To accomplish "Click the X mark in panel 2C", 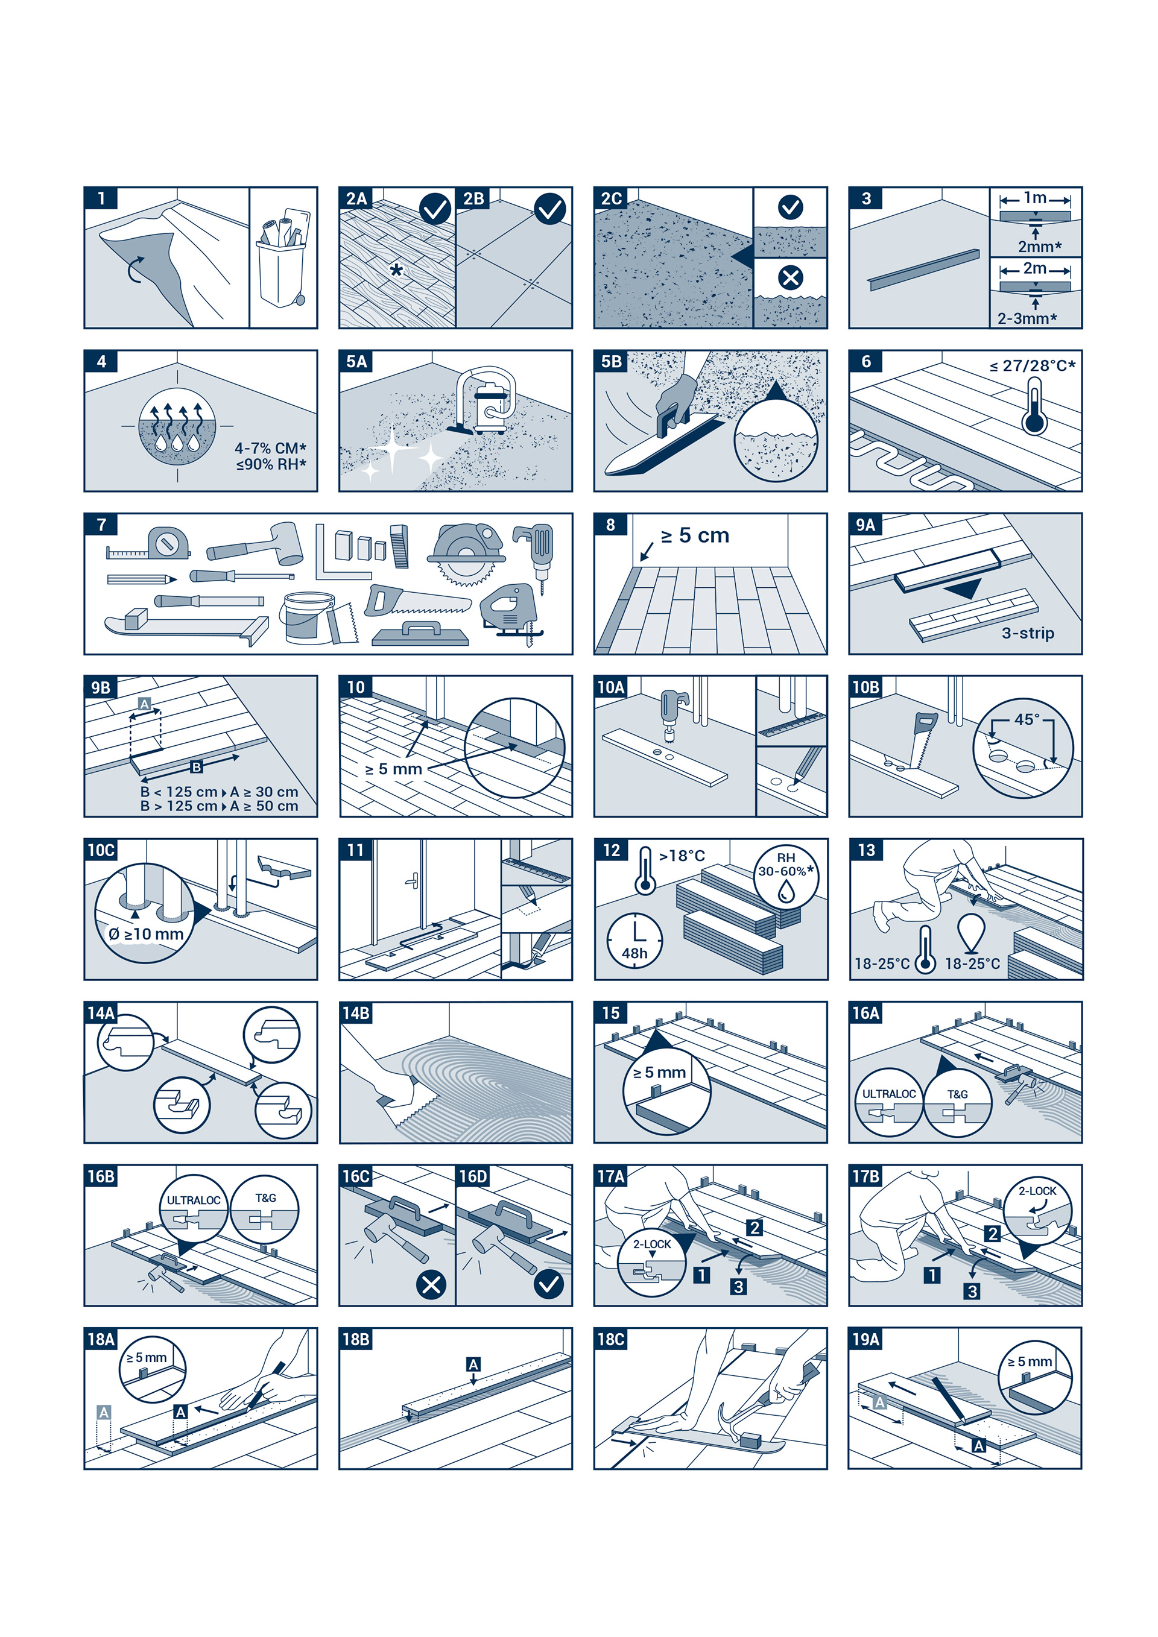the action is click(790, 277).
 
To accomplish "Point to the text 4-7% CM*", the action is click(270, 448).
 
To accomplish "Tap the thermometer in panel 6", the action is click(1034, 406).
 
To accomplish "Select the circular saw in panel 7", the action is click(466, 554).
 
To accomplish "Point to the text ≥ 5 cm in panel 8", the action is click(695, 535).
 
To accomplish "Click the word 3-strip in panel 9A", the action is click(1028, 632).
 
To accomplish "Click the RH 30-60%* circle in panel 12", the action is click(786, 876).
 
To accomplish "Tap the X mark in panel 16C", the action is click(431, 1285).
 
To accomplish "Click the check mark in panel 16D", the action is click(549, 1285).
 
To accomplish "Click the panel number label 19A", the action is click(865, 1339).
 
